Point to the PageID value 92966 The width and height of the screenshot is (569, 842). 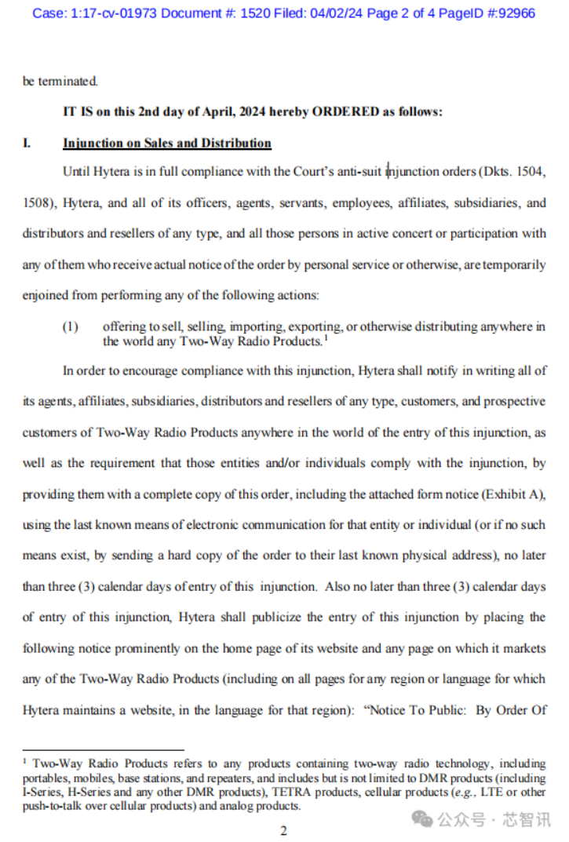pos(512,13)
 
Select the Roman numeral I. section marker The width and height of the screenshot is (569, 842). pos(27,144)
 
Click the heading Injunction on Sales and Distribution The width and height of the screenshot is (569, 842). pos(167,144)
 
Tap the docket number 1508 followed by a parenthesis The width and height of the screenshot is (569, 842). pos(37,203)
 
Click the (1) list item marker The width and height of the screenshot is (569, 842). pos(71,326)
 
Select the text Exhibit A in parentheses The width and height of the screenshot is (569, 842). pos(515,495)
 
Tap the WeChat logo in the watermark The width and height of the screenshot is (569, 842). pos(423,819)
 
